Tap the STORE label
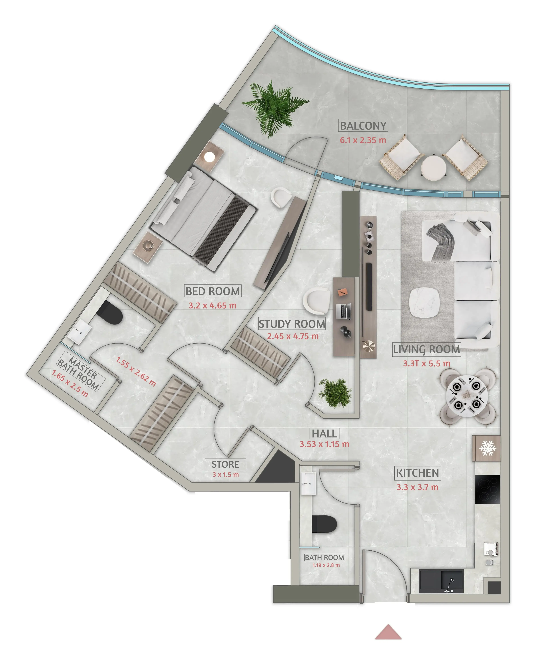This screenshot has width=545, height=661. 225,464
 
